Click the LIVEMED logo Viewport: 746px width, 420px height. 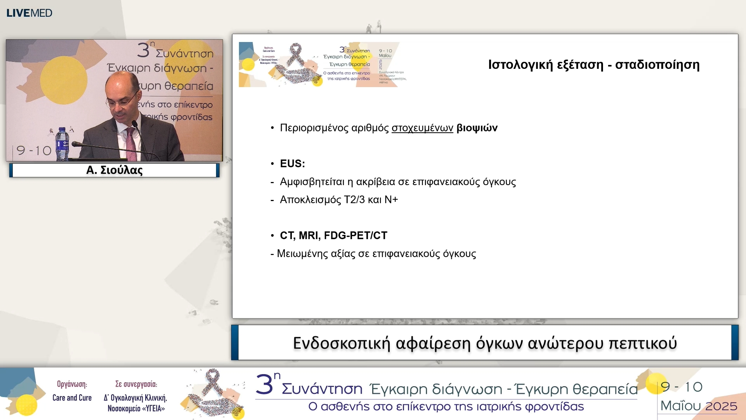click(29, 13)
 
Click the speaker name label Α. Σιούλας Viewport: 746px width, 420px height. click(114, 170)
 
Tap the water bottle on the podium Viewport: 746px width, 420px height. click(62, 144)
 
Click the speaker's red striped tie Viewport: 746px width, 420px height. click(131, 144)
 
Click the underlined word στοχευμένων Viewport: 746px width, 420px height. click(422, 128)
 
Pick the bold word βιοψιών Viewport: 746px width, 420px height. click(477, 128)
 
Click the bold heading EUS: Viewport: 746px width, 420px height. click(293, 164)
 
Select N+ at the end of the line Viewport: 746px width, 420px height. click(391, 200)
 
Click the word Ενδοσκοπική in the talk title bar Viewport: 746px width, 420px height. click(341, 343)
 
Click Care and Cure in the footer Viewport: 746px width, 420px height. click(72, 398)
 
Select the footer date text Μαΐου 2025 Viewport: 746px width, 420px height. click(699, 406)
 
